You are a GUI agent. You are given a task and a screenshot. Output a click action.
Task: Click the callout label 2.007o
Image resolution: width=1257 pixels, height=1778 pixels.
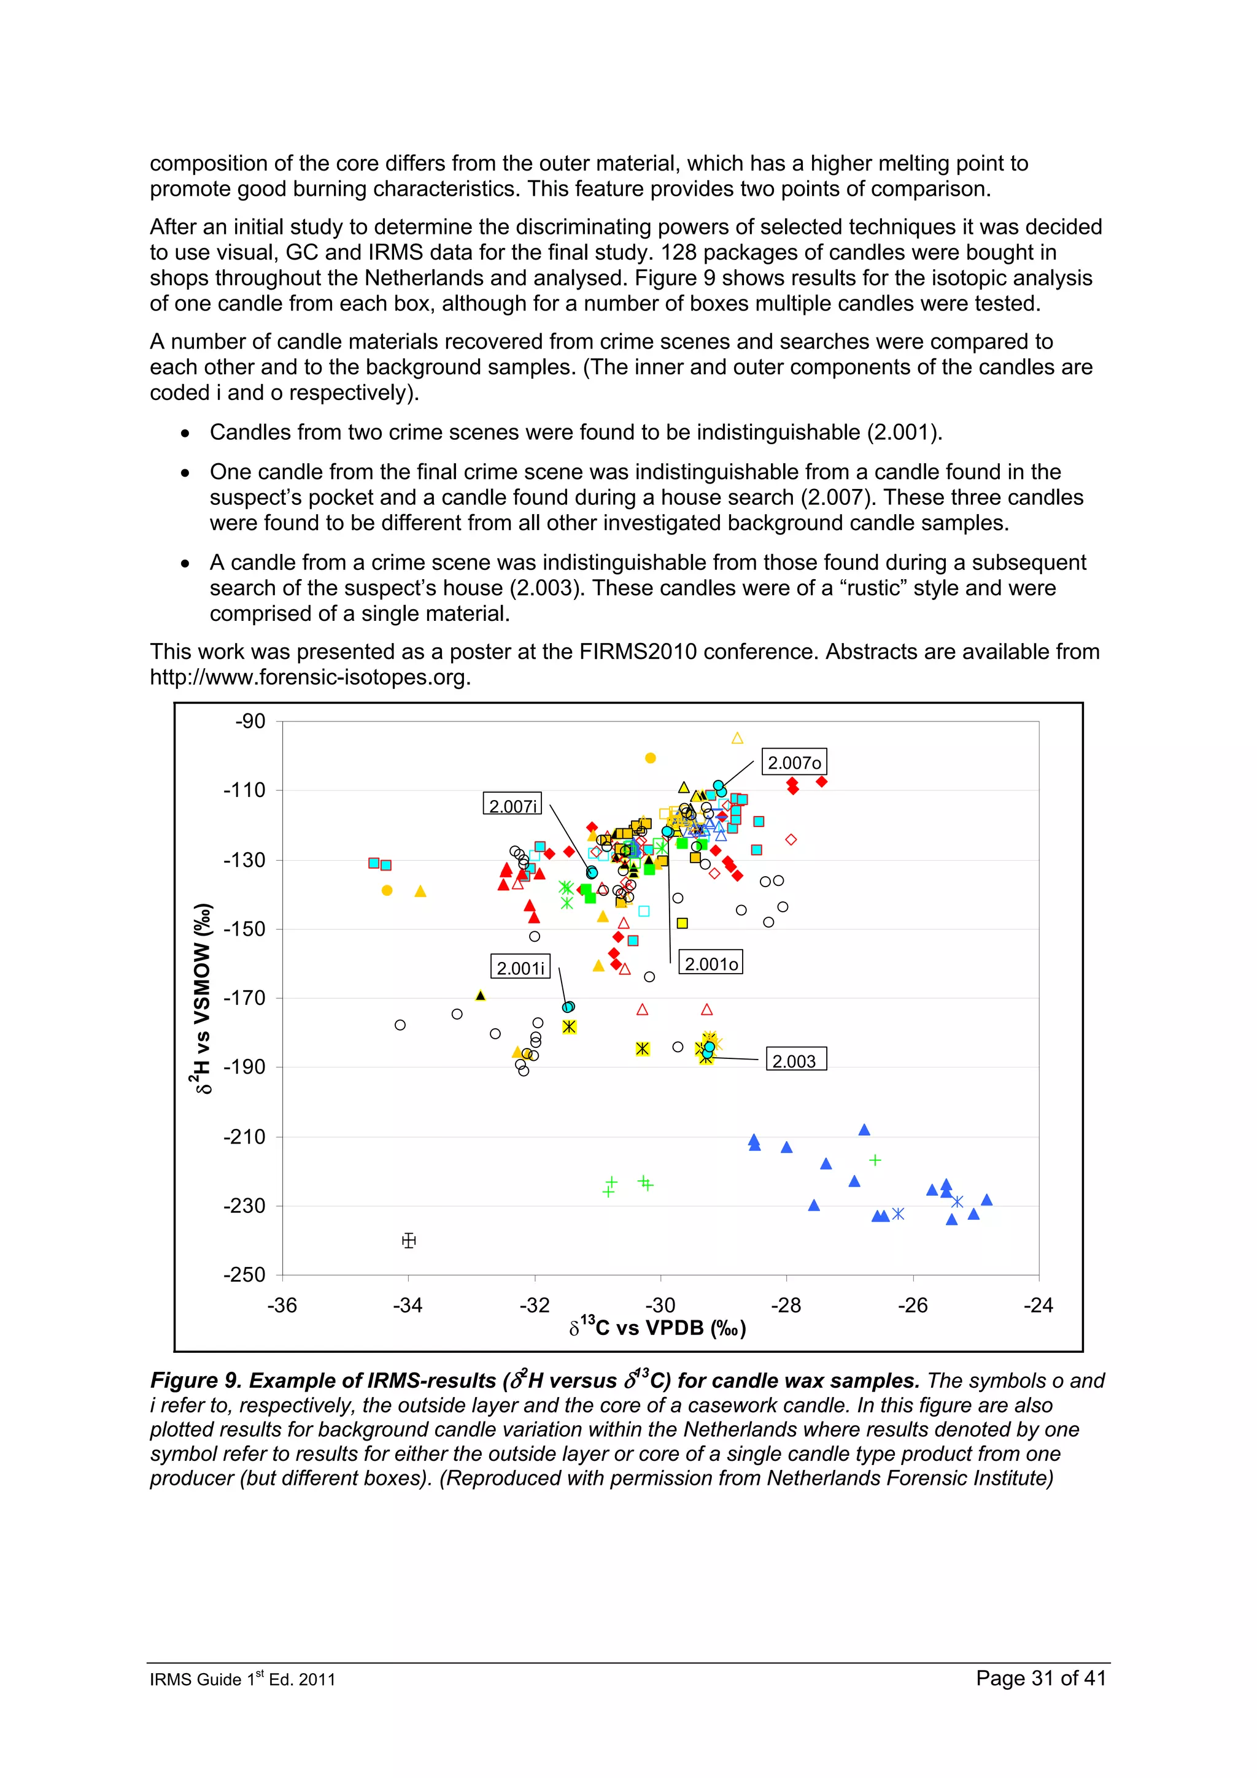tap(794, 763)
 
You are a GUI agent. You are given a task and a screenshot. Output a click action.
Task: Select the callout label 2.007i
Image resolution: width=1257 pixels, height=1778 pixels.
tap(512, 806)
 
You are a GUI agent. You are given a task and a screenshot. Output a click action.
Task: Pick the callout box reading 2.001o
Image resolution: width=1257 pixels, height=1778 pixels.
tap(710, 964)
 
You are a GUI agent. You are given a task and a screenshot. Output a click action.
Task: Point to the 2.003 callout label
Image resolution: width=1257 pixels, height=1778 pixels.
tap(795, 1061)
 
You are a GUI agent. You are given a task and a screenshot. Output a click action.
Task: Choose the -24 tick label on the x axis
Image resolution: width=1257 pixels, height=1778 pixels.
tap(1038, 1305)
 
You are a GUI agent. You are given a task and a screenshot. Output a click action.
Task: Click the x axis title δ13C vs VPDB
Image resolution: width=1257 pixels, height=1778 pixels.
tap(657, 1328)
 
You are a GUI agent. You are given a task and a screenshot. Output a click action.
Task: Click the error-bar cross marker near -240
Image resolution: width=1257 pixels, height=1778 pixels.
tap(409, 1241)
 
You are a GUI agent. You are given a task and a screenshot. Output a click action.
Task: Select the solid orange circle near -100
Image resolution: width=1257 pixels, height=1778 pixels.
tap(651, 758)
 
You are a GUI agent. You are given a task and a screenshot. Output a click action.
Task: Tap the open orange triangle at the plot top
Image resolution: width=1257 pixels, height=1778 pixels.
tap(737, 738)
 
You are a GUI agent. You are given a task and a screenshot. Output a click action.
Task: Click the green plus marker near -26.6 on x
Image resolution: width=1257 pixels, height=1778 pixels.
tap(875, 1160)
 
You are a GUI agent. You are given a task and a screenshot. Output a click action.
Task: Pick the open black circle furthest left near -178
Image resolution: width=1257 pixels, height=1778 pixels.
tap(400, 1025)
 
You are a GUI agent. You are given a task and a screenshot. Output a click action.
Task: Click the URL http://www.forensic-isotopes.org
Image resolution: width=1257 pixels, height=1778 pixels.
tap(310, 677)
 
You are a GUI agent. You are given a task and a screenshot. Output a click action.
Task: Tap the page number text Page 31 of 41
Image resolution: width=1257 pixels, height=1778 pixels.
tap(1041, 1678)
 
